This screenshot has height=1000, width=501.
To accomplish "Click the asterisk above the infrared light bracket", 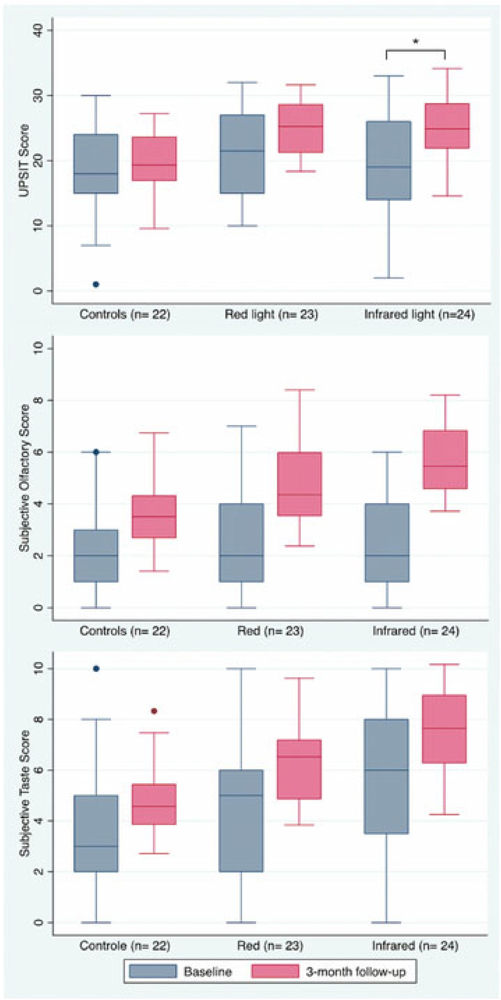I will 415,42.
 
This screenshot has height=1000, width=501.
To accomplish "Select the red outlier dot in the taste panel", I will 154,711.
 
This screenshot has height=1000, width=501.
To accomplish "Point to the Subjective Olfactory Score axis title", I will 25,477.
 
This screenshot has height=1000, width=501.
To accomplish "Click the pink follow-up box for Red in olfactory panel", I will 299,484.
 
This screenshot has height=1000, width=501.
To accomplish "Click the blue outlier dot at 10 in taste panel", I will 96,668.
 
